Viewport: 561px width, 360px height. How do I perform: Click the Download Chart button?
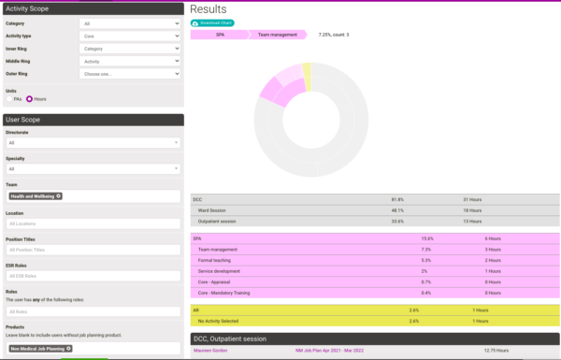click(212, 22)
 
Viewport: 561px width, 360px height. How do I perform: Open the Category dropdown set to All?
click(130, 22)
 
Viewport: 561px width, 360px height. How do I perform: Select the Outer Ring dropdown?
click(130, 74)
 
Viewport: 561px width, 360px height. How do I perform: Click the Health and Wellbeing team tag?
click(36, 196)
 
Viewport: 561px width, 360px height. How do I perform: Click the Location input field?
click(93, 223)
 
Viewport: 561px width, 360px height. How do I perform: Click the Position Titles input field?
click(93, 250)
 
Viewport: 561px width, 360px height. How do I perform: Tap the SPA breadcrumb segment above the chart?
click(219, 36)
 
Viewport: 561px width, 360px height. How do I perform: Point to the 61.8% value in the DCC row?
click(397, 199)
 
